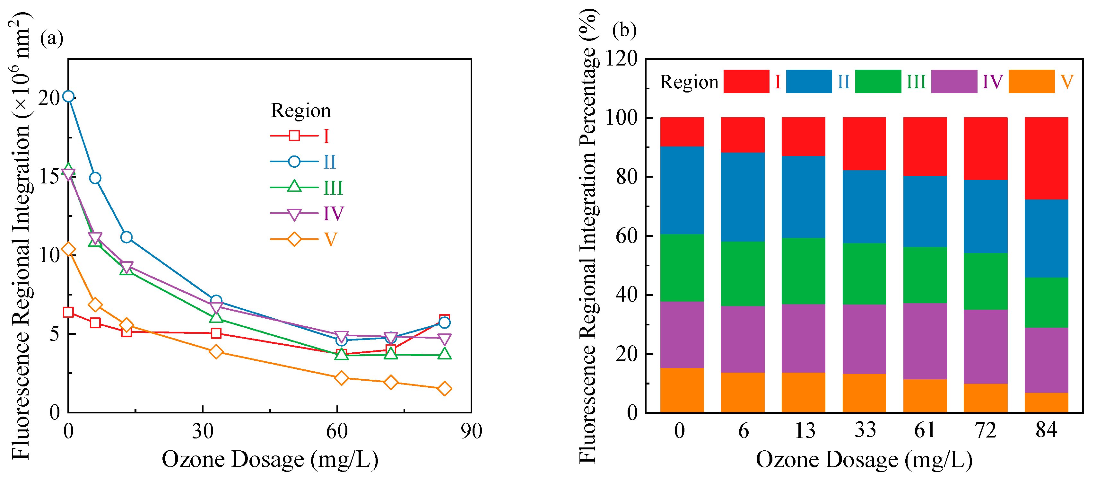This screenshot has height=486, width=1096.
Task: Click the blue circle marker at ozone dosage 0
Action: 68,97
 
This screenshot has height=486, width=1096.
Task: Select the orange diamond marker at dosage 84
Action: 444,389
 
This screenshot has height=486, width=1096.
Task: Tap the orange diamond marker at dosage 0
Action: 68,249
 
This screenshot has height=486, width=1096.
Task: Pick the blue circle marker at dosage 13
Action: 126,237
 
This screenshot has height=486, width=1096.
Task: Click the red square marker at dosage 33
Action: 216,333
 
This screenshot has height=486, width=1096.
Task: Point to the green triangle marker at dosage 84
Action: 444,354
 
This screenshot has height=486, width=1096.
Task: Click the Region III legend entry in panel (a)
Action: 306,188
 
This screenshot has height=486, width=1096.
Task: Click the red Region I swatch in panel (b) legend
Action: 746,81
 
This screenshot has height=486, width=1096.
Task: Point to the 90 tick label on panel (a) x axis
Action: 471,431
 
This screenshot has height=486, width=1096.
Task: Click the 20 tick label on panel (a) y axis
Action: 49,98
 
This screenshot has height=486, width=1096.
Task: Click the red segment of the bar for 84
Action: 1046,158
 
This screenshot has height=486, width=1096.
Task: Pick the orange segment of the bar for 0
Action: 682,390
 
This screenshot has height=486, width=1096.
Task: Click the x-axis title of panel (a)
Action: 270,460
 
